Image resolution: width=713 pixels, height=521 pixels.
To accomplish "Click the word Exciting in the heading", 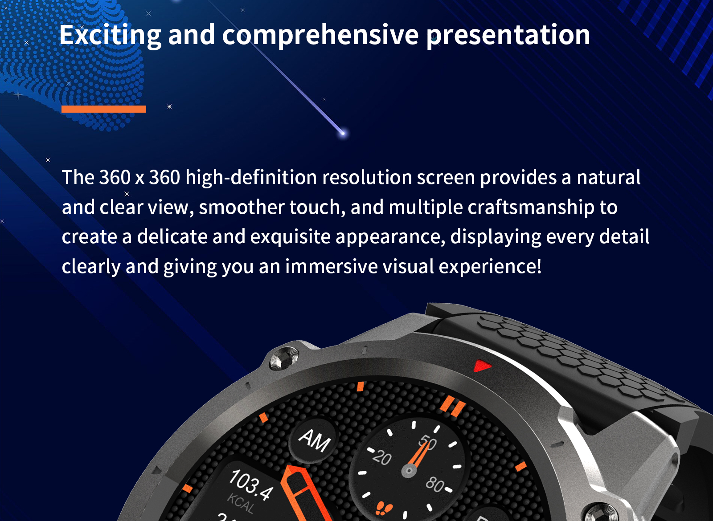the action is (110, 35).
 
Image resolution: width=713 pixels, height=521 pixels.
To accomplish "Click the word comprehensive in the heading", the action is (320, 36).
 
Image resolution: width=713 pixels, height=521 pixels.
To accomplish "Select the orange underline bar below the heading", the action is (104, 109).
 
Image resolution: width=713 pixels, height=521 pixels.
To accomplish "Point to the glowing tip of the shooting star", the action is (343, 133).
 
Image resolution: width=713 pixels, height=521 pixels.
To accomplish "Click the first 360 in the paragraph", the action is (115, 177).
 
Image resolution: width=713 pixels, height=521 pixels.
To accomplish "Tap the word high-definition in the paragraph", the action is (251, 178).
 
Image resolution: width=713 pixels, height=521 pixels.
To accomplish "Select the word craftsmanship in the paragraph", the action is (531, 208).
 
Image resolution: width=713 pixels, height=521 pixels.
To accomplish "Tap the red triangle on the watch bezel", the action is (482, 366).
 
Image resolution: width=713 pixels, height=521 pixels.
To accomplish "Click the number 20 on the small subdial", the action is (382, 457).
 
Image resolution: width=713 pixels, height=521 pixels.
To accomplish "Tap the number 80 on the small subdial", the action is (435, 484).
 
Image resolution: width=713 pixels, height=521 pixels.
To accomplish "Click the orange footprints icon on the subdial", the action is (384, 508).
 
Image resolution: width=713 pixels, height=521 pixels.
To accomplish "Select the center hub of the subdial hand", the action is (409, 470).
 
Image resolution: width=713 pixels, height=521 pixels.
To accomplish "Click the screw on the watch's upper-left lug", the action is (284, 358).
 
